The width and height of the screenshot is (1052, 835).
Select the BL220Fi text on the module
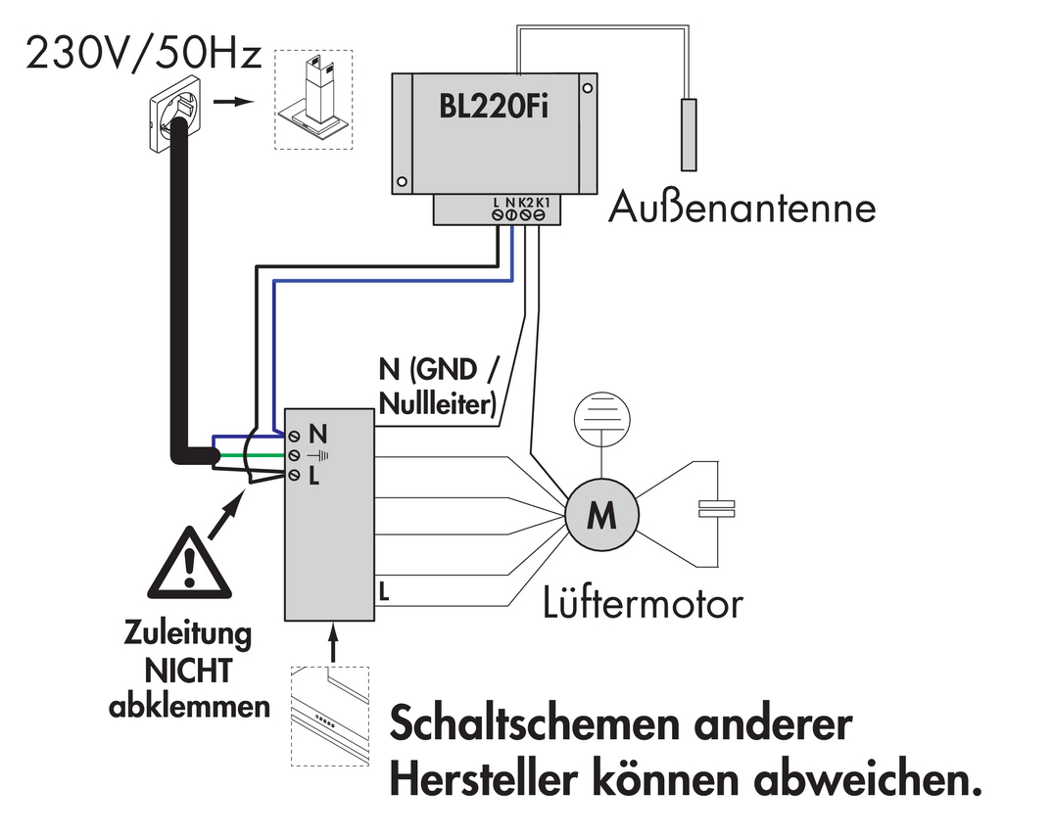[x=492, y=106]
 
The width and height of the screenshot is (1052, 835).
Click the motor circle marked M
[x=600, y=514]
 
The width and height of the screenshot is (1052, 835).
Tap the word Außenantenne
[x=741, y=208]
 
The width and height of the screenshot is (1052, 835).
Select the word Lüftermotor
[x=643, y=604]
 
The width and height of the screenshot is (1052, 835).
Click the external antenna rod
[x=690, y=134]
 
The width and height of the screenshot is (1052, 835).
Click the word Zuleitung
[x=188, y=634]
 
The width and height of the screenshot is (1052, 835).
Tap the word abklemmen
[x=189, y=706]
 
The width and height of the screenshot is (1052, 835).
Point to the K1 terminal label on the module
[x=542, y=202]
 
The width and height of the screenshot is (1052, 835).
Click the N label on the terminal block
[x=316, y=432]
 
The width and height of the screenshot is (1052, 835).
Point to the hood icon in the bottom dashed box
[x=329, y=718]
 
